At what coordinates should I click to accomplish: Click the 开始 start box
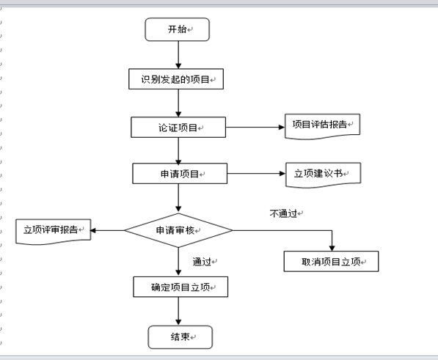click(178, 29)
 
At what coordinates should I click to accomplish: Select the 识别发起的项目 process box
click(177, 78)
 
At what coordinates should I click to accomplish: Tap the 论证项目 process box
click(178, 127)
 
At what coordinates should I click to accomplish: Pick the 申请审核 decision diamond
click(178, 230)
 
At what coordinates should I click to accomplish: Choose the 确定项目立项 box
click(180, 287)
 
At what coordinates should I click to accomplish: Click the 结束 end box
click(180, 337)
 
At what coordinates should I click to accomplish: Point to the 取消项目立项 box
click(331, 261)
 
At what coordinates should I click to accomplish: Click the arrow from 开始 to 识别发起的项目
click(178, 54)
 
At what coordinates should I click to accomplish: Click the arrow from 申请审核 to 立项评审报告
click(107, 230)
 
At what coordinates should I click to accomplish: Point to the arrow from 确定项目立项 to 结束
click(178, 311)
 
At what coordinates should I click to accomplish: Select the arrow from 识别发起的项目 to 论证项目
click(178, 103)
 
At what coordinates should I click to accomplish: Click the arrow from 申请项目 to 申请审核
click(178, 198)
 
